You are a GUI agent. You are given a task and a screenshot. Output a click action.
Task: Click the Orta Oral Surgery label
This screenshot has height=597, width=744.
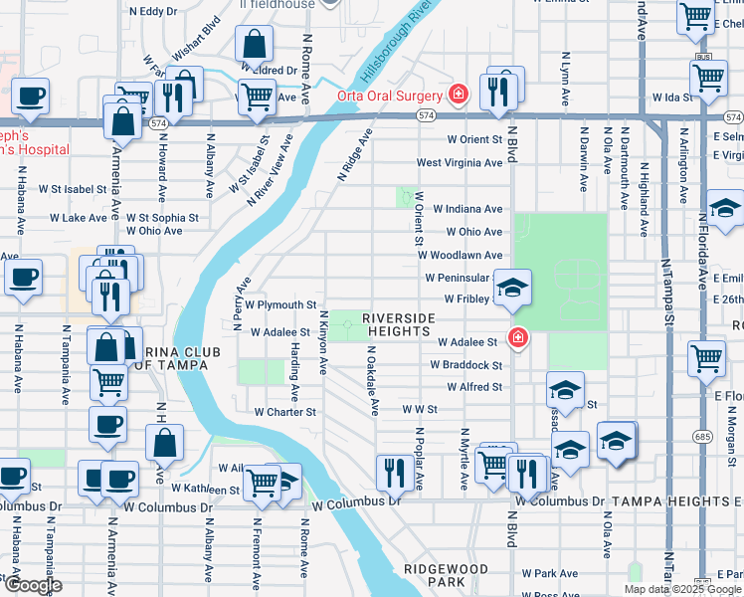tap(389, 96)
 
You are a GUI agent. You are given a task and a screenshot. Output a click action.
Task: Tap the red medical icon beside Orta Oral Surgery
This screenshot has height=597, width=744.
tap(458, 96)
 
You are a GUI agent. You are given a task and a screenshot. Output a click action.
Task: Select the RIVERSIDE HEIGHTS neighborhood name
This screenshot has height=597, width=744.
tap(399, 324)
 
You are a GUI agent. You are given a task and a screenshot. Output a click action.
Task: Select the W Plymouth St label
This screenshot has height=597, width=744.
tap(280, 305)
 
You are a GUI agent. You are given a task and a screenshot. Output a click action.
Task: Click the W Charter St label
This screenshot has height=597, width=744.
tap(284, 411)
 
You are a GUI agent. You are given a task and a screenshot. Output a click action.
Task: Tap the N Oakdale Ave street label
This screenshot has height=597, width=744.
tap(372, 380)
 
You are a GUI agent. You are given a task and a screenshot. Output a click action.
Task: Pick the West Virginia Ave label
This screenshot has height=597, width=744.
tap(459, 163)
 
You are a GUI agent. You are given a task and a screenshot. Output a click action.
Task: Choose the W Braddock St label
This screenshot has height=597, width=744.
tap(466, 365)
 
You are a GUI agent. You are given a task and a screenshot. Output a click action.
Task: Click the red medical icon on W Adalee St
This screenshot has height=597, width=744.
tap(516, 339)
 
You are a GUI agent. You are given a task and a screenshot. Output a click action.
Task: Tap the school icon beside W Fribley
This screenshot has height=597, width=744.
tap(512, 289)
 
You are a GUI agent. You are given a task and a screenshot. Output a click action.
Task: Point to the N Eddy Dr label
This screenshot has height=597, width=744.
tap(153, 12)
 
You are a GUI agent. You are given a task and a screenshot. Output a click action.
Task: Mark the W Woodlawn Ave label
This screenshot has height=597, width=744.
tap(460, 256)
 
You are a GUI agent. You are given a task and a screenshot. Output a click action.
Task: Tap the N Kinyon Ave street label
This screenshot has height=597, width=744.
tap(323, 343)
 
